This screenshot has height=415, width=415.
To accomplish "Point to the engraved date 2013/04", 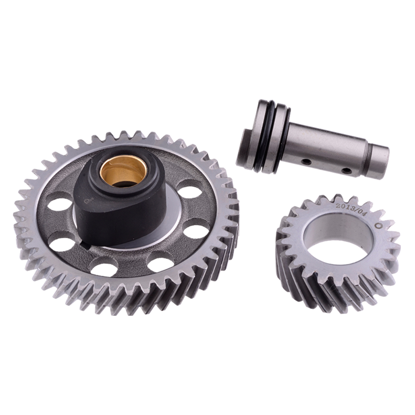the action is click(x=350, y=210).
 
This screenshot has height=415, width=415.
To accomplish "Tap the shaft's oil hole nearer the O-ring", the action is click(x=306, y=161).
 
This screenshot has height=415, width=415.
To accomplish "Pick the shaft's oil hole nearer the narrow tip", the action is click(x=347, y=171).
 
